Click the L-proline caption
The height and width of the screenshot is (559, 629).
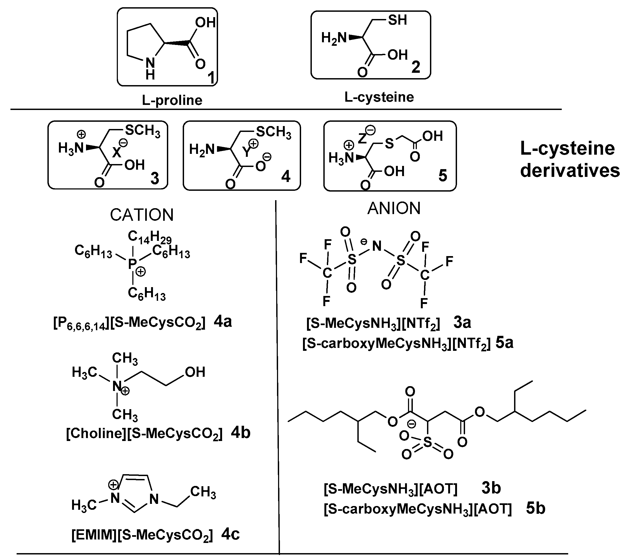[172, 100]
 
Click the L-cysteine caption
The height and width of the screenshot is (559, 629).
[379, 97]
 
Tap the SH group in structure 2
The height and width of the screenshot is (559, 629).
[397, 20]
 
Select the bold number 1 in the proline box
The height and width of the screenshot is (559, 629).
[211, 77]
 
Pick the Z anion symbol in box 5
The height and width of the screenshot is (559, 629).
[362, 139]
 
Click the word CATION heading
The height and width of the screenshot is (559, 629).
[142, 215]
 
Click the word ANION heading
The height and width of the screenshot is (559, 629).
[394, 208]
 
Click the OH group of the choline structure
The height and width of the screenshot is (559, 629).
[195, 372]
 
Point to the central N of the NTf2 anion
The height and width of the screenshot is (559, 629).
[377, 246]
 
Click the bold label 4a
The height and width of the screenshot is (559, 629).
[223, 322]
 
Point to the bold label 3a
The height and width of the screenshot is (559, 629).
[462, 322]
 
